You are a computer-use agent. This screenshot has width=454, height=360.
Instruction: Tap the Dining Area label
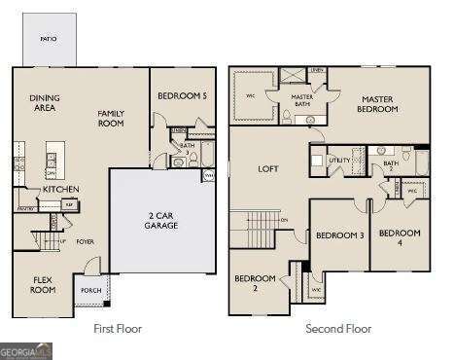pos(44,102)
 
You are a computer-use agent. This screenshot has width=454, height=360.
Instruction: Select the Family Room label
pos(112,118)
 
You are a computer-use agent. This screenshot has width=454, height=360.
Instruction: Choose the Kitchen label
pos(60,189)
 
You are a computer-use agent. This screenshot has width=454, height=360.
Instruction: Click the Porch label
pos(90,290)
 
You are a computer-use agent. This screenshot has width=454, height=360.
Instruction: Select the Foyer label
pos(86,240)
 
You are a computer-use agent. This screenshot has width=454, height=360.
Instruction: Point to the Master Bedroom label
pos(379,104)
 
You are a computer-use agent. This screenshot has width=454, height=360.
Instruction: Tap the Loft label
pos(267,168)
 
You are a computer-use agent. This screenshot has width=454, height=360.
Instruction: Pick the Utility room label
pos(339,159)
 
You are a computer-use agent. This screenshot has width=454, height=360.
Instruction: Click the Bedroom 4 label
pos(400,236)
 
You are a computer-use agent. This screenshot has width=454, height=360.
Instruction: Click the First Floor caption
pos(118,329)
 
